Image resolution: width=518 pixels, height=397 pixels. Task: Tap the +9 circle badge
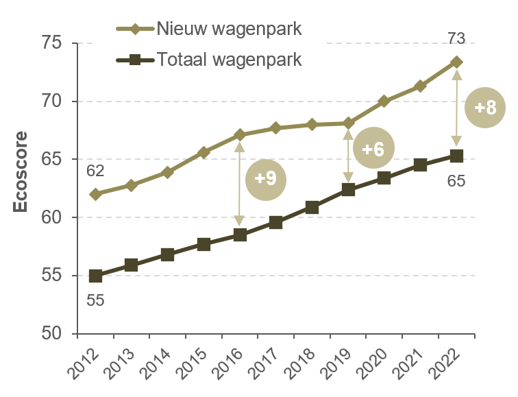pos(265,178)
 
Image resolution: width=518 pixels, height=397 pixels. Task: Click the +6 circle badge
pos(373,147)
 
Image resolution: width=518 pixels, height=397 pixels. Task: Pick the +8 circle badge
pos(485,108)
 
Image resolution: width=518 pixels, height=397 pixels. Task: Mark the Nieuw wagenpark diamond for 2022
pos(456,62)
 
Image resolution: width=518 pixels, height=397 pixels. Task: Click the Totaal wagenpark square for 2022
pos(456,156)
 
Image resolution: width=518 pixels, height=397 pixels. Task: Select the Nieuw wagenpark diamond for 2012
pos(95,194)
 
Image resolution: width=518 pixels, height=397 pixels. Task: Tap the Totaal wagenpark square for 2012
pos(95,276)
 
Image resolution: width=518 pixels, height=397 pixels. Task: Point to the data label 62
pos(96,170)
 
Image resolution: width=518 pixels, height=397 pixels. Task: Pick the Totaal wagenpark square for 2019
pos(348,189)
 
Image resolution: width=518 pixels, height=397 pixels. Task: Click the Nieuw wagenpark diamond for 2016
pos(240,134)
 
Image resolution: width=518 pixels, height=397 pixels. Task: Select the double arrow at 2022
pos(456,108)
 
